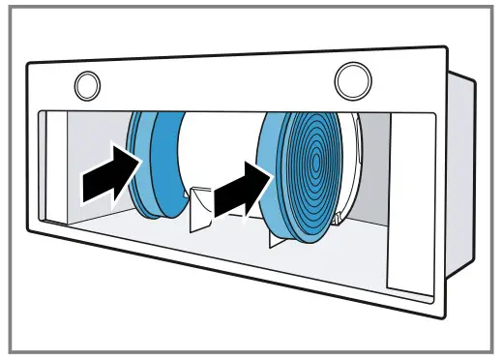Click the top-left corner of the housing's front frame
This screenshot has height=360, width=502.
coord(29,64)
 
